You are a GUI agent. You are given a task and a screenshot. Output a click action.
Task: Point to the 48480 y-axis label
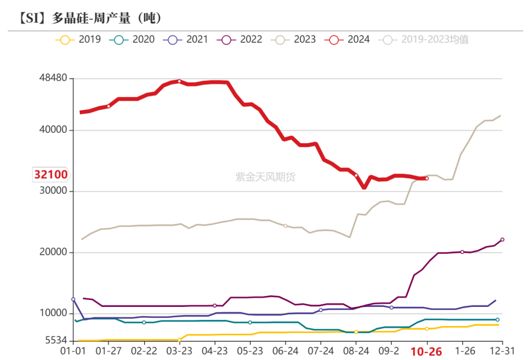pyautogui.click(x=54, y=79)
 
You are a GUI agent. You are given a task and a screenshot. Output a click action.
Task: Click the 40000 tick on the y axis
pyautogui.click(x=54, y=130)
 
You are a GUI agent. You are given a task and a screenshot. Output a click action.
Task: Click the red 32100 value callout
pyautogui.click(x=51, y=174)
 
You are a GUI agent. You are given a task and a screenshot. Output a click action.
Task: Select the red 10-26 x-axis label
pyautogui.click(x=426, y=352)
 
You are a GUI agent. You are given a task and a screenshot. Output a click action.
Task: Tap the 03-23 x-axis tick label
pyautogui.click(x=179, y=351)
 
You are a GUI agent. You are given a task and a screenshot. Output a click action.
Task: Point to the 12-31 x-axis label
pyautogui.click(x=502, y=351)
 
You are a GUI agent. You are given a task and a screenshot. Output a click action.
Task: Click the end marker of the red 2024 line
pyautogui.click(x=427, y=179)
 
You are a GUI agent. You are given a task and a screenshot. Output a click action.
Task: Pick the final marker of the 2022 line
pyautogui.click(x=502, y=240)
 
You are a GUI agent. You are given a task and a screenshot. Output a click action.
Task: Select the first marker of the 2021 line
pyautogui.click(x=73, y=299)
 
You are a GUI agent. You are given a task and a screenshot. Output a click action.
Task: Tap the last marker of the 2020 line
pyautogui.click(x=498, y=320)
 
